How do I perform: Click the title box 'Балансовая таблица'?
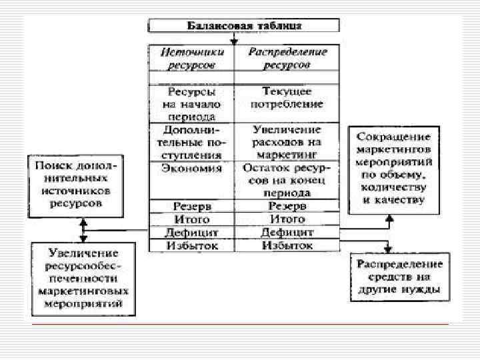point(243,26)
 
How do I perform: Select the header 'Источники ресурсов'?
point(192,58)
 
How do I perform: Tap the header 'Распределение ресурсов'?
point(287,58)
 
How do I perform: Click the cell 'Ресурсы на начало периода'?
point(192,103)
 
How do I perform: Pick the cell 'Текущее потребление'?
point(287,97)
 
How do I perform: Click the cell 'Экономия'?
point(192,169)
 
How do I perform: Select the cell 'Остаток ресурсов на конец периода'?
point(287,180)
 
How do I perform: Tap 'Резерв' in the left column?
point(192,206)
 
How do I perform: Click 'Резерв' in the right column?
point(287,206)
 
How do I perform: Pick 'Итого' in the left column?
point(192,219)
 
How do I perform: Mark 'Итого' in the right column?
point(287,219)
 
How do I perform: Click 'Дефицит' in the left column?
point(192,233)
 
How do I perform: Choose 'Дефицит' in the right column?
point(287,233)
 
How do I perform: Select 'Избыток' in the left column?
point(192,246)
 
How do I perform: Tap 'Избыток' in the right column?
point(287,246)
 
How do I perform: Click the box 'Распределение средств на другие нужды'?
point(400,276)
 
